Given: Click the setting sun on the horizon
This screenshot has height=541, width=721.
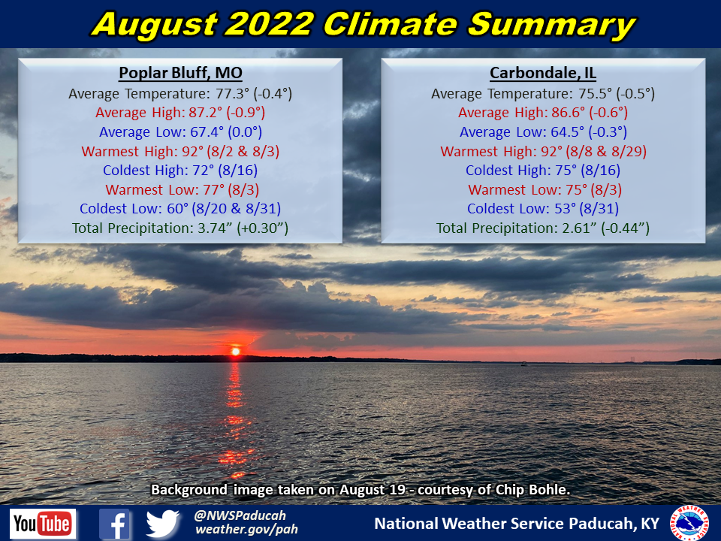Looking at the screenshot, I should pos(236,351).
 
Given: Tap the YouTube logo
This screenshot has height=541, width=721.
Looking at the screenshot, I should pos(43,523).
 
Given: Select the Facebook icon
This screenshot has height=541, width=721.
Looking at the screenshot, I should pos(114,524).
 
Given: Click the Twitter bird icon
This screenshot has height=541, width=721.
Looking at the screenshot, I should pos(163,524).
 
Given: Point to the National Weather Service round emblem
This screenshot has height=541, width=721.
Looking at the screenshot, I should pos(689,522).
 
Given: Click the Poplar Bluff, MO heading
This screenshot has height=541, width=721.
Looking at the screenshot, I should pos(179,73).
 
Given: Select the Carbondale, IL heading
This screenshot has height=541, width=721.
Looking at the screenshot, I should pos(543,73).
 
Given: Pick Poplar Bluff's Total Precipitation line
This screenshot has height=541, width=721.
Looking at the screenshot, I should pos(180,228).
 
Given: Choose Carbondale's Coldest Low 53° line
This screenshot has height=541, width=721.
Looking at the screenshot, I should pos(543,208).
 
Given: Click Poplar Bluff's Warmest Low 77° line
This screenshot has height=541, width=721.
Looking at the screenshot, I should pos(179,189).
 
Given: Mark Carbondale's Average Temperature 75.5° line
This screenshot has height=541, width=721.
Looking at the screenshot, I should pos(543,94).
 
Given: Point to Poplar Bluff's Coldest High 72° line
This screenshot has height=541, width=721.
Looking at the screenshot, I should pos(179,171).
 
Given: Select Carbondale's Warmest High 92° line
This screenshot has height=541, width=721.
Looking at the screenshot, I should pos(543,151).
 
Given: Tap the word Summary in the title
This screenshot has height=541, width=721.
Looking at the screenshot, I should pos(551,25).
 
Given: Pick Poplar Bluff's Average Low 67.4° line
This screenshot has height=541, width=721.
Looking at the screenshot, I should pos(179,132).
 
